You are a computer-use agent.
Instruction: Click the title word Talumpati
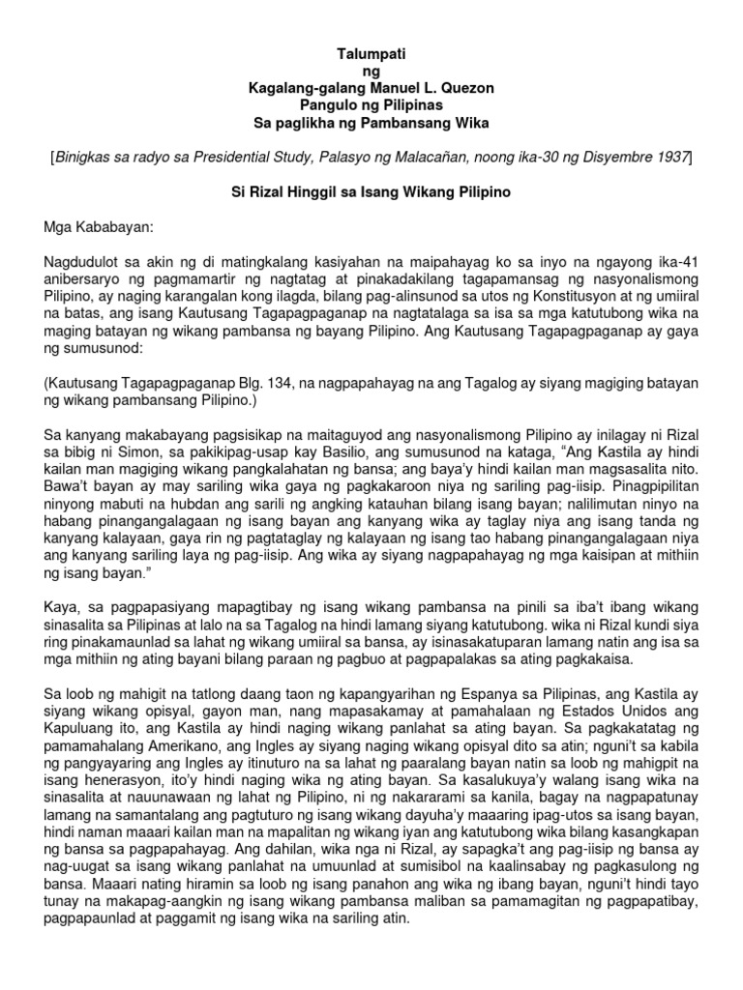coord(371,55)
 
